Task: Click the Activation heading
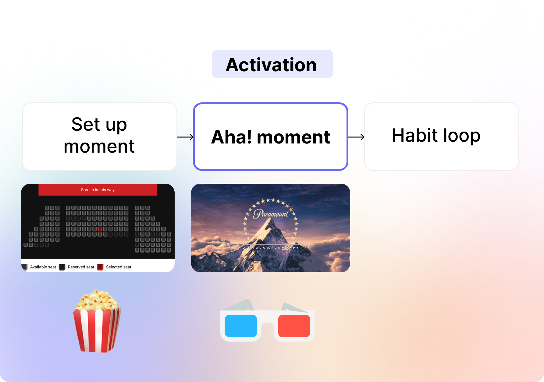tap(271, 65)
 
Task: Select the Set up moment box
tap(100, 136)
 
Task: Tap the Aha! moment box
tap(271, 136)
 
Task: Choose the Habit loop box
tap(442, 136)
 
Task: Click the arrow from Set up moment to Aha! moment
tap(185, 137)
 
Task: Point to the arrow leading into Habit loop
tap(356, 137)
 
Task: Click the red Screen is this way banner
tap(98, 189)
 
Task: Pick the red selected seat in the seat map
tap(100, 229)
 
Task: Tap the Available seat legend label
tap(43, 267)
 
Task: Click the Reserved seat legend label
tap(81, 267)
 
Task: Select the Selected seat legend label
tap(119, 267)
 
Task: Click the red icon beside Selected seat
tap(100, 267)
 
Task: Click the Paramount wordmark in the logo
tap(271, 214)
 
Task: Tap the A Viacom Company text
tap(271, 248)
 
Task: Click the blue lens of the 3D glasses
tap(241, 326)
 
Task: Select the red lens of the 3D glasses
tap(294, 326)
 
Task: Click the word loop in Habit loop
tap(462, 136)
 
